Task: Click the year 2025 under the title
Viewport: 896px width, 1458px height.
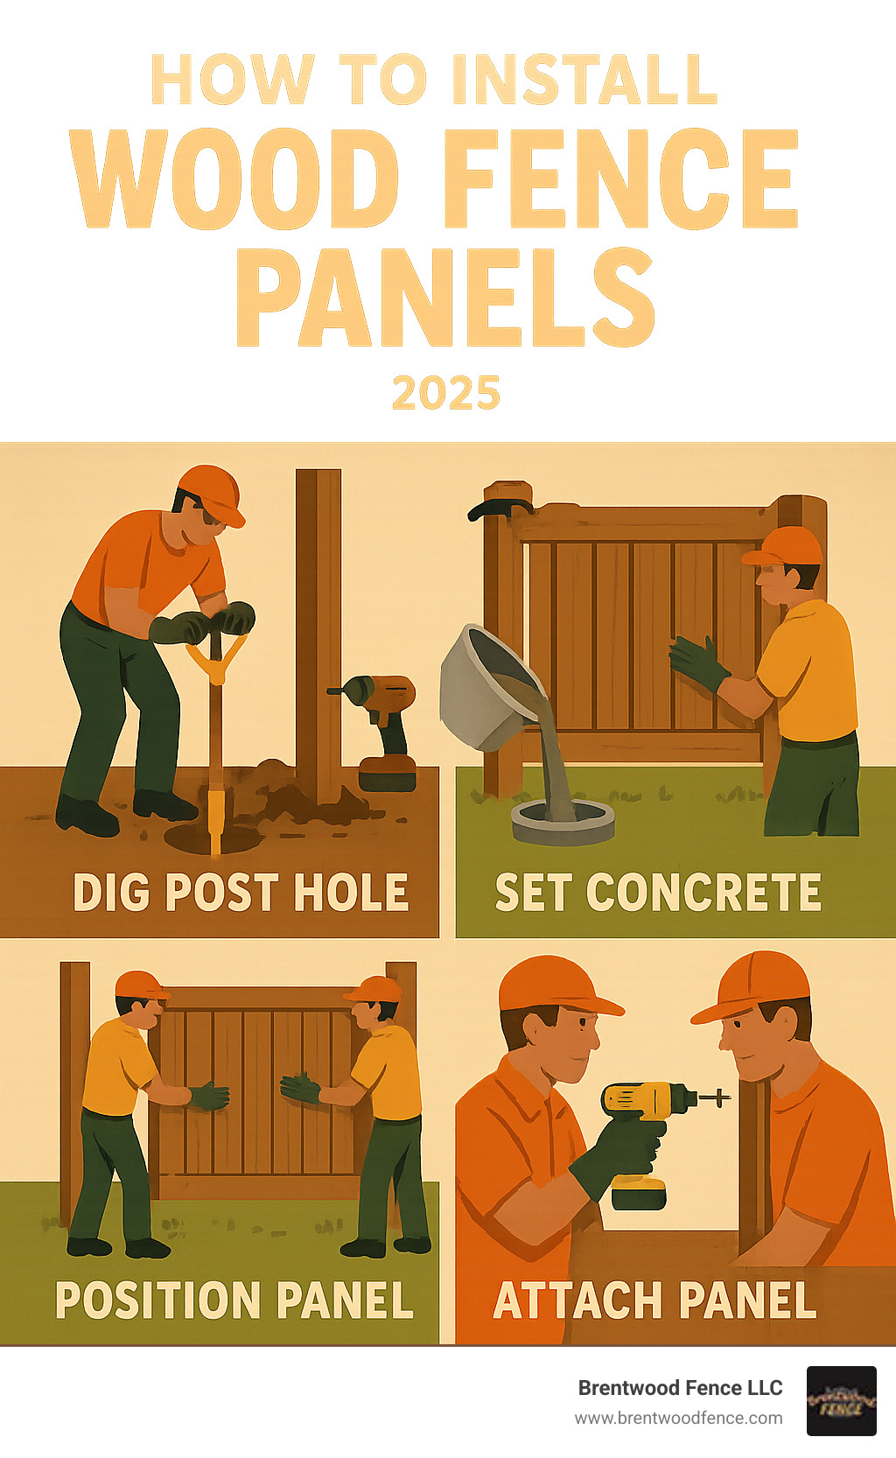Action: point(446,392)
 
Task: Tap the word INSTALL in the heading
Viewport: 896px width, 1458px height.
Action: point(585,80)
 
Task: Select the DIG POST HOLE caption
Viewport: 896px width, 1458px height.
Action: point(241,893)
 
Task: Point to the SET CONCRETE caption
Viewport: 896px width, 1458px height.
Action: point(658,892)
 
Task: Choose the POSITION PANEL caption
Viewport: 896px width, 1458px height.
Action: point(234,1300)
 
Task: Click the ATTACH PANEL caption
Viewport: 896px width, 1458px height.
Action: point(654,1300)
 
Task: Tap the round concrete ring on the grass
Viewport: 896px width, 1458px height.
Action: point(563,822)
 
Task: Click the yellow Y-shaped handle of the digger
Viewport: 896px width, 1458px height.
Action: point(217,659)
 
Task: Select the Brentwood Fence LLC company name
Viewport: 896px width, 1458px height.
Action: point(680,1388)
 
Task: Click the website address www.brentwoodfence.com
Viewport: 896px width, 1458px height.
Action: point(679,1418)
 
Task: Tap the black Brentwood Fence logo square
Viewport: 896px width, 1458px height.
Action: point(842,1401)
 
